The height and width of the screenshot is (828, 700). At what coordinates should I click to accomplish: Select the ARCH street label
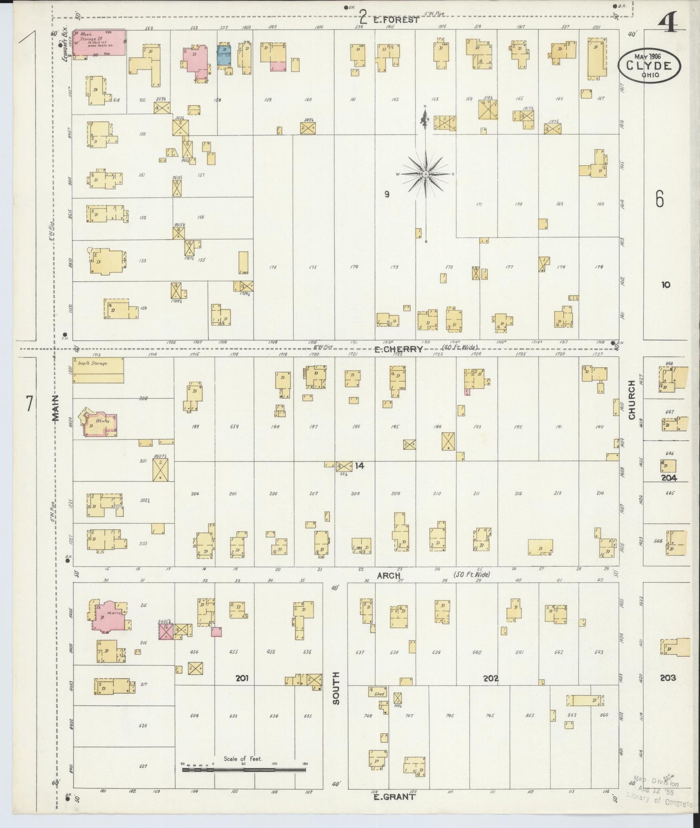click(x=389, y=575)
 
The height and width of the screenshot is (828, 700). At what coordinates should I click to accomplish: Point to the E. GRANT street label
click(x=395, y=796)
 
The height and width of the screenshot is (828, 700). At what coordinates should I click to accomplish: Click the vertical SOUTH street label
click(x=336, y=688)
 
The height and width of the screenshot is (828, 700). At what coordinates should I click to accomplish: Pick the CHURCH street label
click(x=632, y=399)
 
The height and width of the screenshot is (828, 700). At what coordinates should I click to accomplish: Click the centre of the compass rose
click(x=425, y=174)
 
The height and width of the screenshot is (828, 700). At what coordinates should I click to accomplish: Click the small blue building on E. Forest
click(x=224, y=55)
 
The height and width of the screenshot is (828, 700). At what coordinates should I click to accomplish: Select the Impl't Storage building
click(x=98, y=370)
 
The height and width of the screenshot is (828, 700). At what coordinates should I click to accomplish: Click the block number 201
click(x=242, y=678)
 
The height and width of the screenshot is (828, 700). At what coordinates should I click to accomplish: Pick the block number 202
click(x=491, y=678)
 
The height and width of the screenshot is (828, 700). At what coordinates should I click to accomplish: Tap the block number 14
click(x=359, y=466)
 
